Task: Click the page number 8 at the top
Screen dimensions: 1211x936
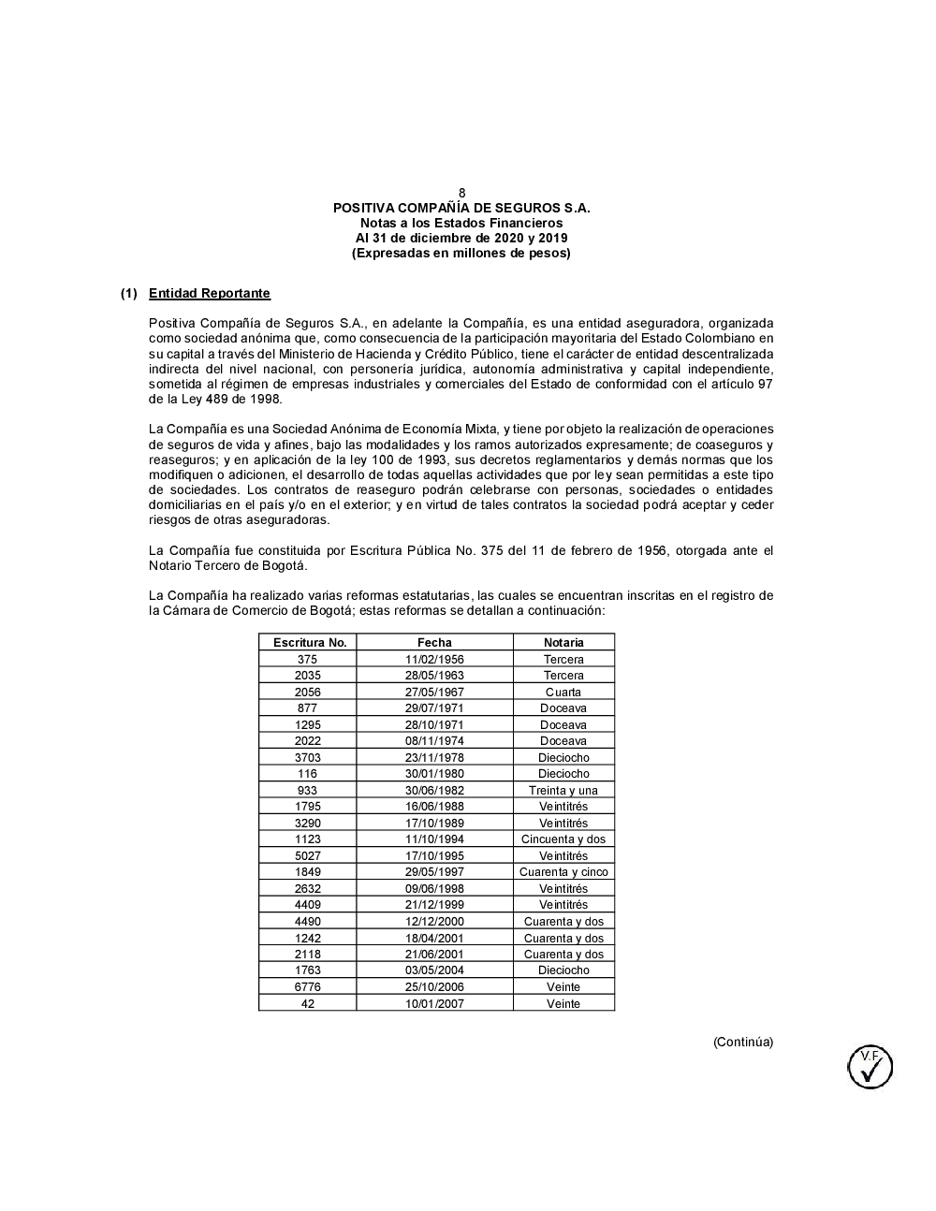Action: coord(461,193)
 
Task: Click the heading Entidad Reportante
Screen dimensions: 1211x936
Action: coord(209,294)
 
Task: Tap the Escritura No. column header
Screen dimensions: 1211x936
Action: coord(309,642)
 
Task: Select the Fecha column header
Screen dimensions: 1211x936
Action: coord(434,642)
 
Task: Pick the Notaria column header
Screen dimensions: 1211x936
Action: coord(563,642)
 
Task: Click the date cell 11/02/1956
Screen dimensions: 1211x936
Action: coord(434,659)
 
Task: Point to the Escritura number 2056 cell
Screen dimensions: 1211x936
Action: coord(307,692)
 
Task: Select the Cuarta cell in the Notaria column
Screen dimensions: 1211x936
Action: coord(563,692)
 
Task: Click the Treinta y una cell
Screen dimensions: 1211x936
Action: coord(563,790)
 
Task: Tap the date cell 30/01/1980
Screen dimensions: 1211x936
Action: coord(434,774)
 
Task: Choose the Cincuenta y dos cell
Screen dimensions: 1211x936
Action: coord(563,839)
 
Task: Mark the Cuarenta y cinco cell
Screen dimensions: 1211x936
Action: coord(563,872)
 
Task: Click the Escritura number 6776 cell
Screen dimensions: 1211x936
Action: coord(307,986)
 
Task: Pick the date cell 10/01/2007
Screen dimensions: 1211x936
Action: coord(434,1003)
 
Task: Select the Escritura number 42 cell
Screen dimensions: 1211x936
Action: coord(307,1003)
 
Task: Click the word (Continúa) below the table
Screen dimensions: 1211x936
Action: coord(743,1042)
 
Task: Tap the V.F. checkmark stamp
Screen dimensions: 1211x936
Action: coord(870,1067)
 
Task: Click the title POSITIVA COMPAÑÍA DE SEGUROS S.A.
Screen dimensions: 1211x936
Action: coord(461,208)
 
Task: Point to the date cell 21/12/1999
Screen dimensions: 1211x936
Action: coord(434,905)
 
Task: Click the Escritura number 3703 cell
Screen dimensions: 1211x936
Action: coord(307,757)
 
